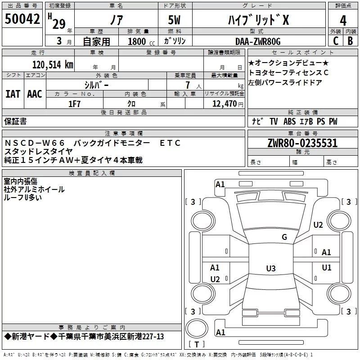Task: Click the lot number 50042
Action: (x=22, y=19)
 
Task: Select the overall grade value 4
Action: (x=343, y=21)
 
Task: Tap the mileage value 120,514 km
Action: (x=53, y=65)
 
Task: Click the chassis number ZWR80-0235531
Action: (x=302, y=143)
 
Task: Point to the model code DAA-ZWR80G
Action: (x=258, y=41)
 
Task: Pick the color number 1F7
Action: (x=74, y=104)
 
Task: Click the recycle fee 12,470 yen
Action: (x=228, y=104)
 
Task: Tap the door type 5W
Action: (x=174, y=20)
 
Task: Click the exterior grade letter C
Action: (x=336, y=41)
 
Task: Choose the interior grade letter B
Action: (x=350, y=41)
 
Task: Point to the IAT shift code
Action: (x=13, y=94)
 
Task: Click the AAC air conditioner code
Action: (x=35, y=94)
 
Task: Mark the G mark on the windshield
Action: (x=284, y=237)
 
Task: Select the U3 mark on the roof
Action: (x=271, y=268)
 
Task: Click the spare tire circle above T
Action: (x=197, y=328)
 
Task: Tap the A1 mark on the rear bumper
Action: (x=220, y=332)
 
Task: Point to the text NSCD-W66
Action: (x=35, y=143)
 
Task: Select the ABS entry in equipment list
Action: (x=289, y=121)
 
